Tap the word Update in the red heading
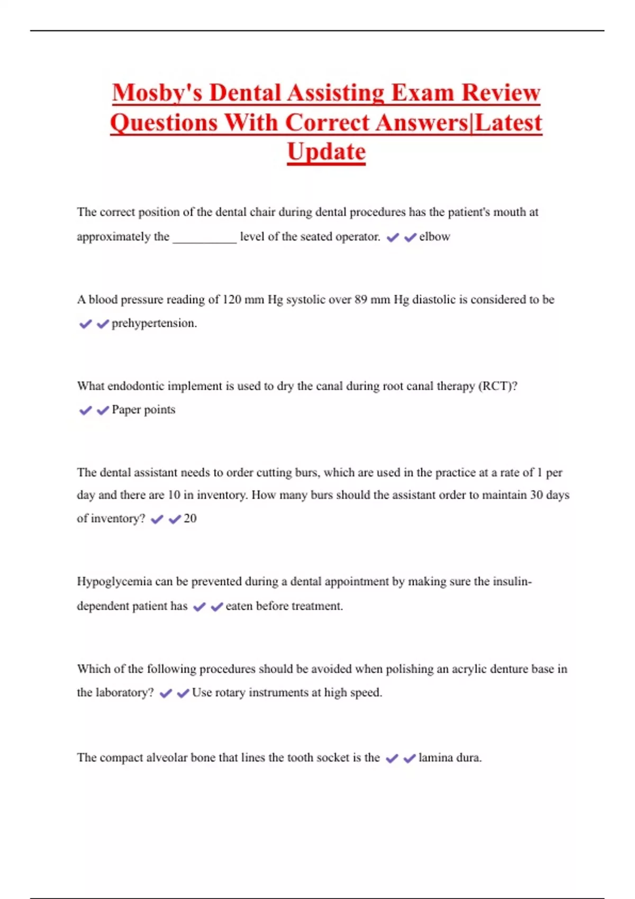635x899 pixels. click(326, 152)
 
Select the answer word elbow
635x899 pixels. click(434, 237)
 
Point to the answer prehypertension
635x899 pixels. click(154, 323)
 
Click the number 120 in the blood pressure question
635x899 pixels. click(232, 300)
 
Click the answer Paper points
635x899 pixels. click(143, 410)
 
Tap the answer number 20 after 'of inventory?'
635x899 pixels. click(190, 519)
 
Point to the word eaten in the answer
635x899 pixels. click(239, 606)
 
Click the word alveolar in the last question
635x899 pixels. click(167, 758)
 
